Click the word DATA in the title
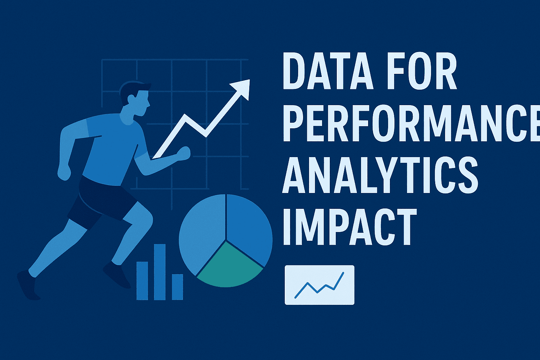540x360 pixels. (327, 72)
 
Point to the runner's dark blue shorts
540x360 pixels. (102, 200)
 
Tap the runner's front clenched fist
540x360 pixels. (184, 153)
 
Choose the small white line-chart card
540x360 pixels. (319, 285)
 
